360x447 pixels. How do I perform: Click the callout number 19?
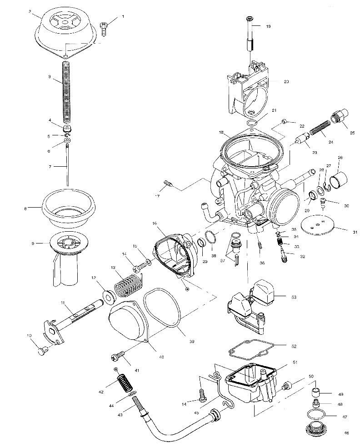(x=268, y=27)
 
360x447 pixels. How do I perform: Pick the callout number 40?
(x=161, y=357)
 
